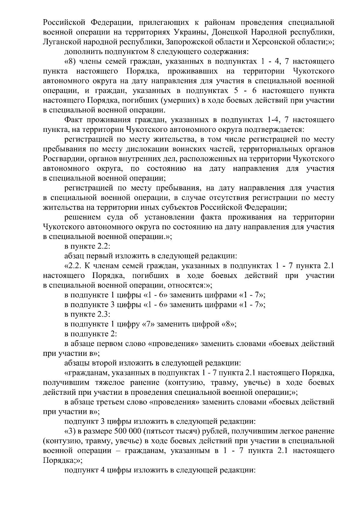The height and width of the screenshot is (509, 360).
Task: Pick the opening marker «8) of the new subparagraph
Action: point(70,62)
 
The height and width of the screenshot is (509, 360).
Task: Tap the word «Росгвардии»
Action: point(62,159)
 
